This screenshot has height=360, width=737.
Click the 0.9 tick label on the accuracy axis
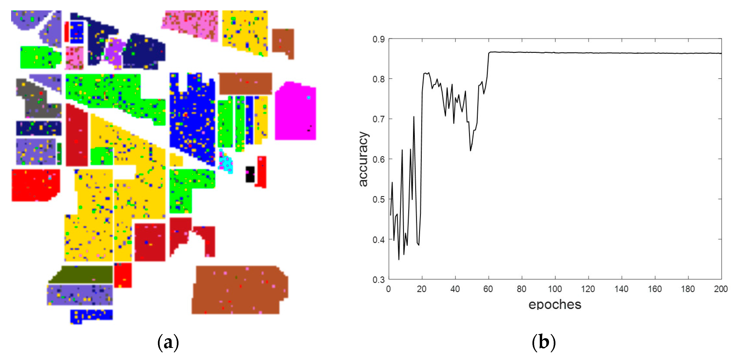point(379,39)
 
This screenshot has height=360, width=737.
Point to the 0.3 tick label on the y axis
point(379,279)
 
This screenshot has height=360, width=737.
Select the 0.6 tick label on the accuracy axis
point(379,159)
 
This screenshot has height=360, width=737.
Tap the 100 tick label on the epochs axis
point(555,289)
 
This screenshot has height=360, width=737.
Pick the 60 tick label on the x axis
point(488,289)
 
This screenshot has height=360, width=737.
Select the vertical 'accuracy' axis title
point(363,159)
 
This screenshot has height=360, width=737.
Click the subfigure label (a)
point(168,342)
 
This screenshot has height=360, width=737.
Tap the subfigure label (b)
point(544,342)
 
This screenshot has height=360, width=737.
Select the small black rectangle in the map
point(250,174)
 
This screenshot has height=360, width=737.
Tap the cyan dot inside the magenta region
point(309,98)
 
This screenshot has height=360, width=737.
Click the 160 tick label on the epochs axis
point(655,289)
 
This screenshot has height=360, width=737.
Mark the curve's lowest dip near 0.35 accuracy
point(399,259)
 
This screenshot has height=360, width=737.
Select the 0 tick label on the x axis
point(389,289)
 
